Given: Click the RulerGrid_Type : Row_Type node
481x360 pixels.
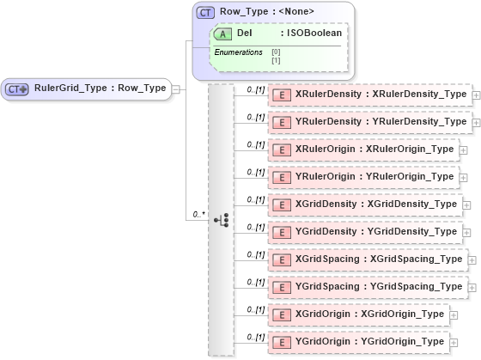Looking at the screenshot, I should pyautogui.click(x=86, y=88).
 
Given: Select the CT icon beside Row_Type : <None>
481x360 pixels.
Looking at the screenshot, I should pyautogui.click(x=206, y=12).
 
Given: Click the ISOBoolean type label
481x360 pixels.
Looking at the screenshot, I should pyautogui.click(x=314, y=33).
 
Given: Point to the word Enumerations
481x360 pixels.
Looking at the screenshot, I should pyautogui.click(x=238, y=52).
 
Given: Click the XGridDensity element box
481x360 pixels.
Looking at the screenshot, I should pyautogui.click(x=365, y=204).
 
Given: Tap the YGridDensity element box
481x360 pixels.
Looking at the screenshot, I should pyautogui.click(x=365, y=232).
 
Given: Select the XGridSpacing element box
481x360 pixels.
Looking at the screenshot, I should pyautogui.click(x=368, y=259).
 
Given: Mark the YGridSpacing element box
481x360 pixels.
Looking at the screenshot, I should pyautogui.click(x=368, y=287).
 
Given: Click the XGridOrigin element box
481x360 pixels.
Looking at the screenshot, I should pyautogui.click(x=359, y=314).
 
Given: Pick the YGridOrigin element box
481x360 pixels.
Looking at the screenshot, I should pyautogui.click(x=359, y=342).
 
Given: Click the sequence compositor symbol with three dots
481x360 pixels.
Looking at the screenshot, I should pyautogui.click(x=221, y=219).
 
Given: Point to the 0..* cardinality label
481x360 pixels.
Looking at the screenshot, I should pyautogui.click(x=198, y=213).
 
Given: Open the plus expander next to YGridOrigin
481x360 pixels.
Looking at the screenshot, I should pyautogui.click(x=464, y=343).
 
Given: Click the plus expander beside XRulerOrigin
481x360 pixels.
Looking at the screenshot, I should pyautogui.click(x=464, y=150).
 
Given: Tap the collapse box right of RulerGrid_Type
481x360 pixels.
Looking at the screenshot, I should pyautogui.click(x=175, y=88).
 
